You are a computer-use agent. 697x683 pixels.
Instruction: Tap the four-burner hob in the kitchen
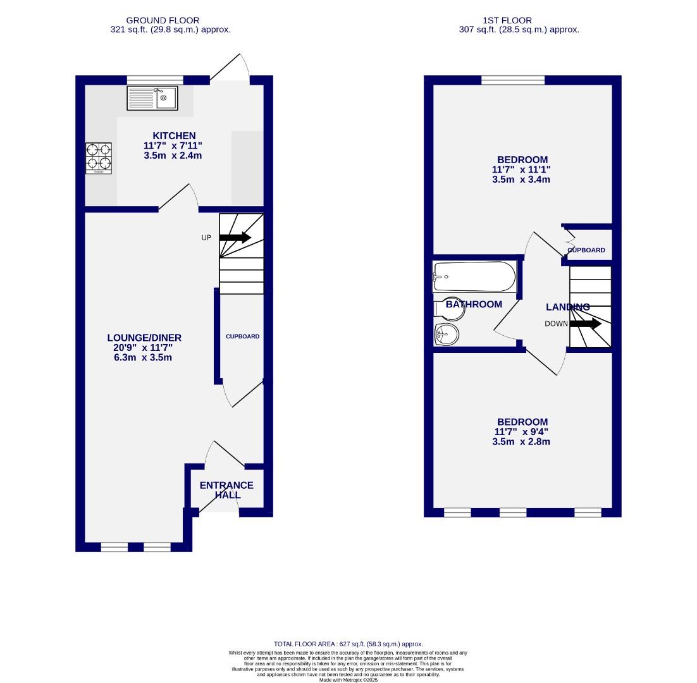pos(99,158)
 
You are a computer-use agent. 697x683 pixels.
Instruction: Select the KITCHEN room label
pos(174,135)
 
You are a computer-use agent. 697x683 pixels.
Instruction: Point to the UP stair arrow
pos(235,237)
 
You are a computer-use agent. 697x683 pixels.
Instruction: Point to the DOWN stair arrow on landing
pos(585,324)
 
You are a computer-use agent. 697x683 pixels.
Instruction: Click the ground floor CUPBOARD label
pos(242,336)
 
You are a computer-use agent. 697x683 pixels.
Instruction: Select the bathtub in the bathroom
pos(474,276)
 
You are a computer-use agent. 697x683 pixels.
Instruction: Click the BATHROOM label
pos(474,304)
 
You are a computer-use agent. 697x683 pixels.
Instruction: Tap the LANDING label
pos(567,307)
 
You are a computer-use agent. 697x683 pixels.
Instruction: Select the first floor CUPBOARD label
pos(586,250)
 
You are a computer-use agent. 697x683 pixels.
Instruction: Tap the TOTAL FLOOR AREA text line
pos(348,644)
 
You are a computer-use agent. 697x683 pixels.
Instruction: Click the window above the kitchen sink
pos(155,80)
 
